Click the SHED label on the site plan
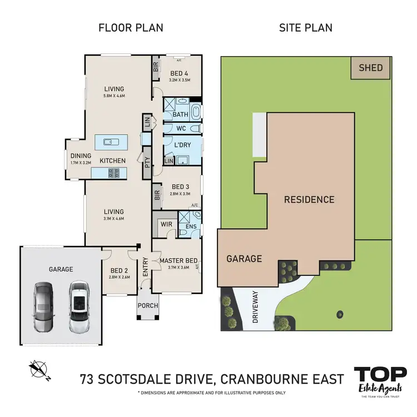[x=371, y=68]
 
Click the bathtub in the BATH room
[x=197, y=111]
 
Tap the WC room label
[x=180, y=128]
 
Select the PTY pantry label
[x=147, y=163]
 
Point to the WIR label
[x=166, y=225]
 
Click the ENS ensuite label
[x=190, y=227]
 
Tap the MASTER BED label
[x=178, y=261]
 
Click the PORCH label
[x=148, y=305]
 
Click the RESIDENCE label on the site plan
[x=309, y=200]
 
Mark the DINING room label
[x=80, y=156]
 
